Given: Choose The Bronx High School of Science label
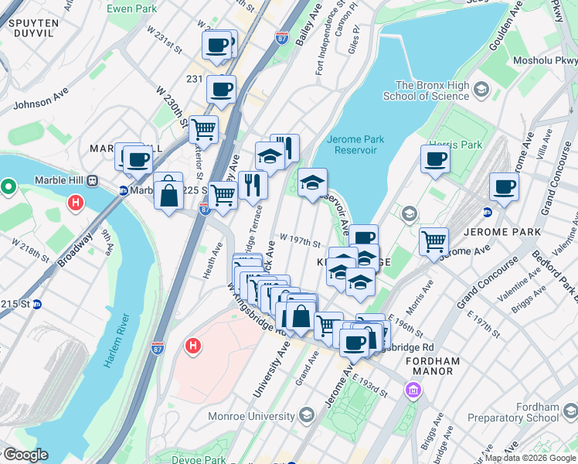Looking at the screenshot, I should [432, 90].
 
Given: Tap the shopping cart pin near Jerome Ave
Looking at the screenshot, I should [434, 241].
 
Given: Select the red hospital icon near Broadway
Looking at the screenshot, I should [75, 203].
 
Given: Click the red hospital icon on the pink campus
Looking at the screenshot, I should [193, 347].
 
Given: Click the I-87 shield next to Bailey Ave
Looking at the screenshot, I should [282, 37].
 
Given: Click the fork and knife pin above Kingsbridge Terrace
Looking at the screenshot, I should [253, 186].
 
